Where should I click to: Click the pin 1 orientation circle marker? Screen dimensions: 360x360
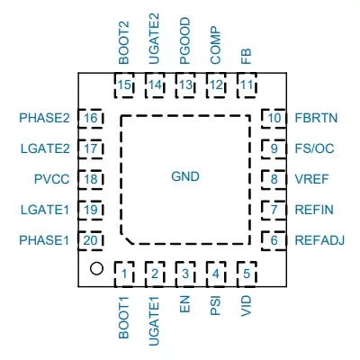click(x=96, y=268)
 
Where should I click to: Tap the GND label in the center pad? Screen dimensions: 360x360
click(x=185, y=176)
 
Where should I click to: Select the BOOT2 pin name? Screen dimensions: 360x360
click(x=124, y=42)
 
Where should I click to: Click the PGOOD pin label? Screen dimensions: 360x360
click(x=185, y=40)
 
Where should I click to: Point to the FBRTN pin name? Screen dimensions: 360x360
click(x=316, y=118)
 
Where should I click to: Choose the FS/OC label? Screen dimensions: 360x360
click(x=314, y=148)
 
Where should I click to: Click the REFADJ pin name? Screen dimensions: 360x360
click(x=319, y=240)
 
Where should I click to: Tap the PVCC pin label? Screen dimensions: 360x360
click(x=52, y=179)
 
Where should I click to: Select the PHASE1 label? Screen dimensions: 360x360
click(x=44, y=240)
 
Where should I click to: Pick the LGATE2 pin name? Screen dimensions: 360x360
click(x=45, y=148)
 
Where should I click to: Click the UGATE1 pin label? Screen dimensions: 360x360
click(x=155, y=321)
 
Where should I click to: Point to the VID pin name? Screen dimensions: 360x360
click(x=247, y=306)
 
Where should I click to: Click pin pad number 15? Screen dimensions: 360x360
click(x=124, y=85)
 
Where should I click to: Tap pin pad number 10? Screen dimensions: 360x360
click(x=274, y=118)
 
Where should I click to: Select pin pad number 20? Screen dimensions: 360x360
click(x=91, y=240)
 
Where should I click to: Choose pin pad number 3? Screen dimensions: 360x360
click(x=185, y=274)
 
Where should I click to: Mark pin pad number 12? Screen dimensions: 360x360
click(x=216, y=85)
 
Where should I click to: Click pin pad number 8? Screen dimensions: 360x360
click(x=274, y=179)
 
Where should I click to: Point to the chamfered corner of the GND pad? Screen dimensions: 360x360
click(x=127, y=238)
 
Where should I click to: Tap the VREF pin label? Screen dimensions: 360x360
click(x=312, y=179)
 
